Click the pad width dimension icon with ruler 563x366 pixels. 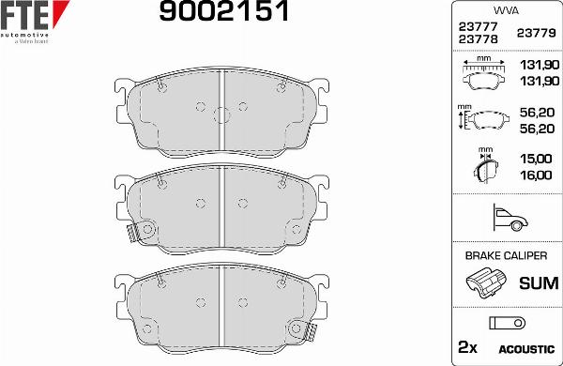484,74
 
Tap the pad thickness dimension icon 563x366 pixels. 485,168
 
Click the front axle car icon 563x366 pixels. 505,219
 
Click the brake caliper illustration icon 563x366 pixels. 485,282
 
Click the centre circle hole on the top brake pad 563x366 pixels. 221,115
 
